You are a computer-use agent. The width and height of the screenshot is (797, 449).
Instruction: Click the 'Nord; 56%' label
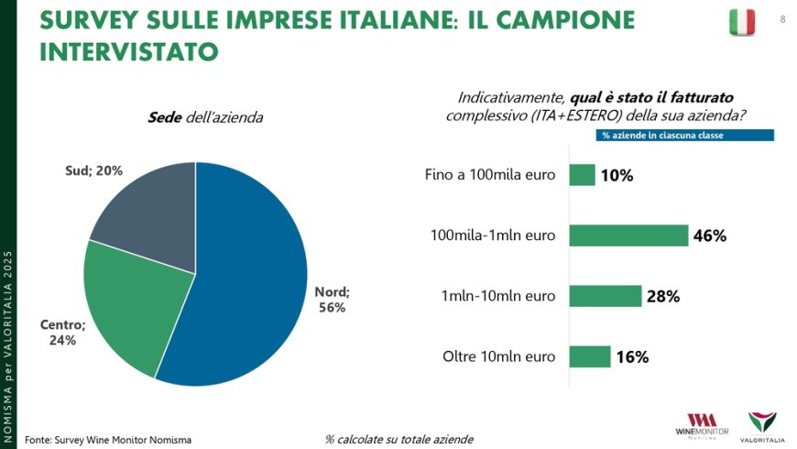pos(332,300)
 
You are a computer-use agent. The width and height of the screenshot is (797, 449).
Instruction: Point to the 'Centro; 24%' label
pos(62,332)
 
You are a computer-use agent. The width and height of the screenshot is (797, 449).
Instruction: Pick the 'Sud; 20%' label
pos(94,170)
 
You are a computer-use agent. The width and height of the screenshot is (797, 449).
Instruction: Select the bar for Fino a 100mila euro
pos(582,174)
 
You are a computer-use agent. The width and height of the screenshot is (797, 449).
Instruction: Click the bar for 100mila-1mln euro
pos(628,235)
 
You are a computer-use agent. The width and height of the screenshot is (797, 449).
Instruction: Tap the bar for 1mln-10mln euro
pos(605,296)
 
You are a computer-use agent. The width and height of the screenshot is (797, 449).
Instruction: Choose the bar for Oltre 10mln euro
pos(590,356)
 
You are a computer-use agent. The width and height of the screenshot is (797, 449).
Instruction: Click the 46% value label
pos(710,235)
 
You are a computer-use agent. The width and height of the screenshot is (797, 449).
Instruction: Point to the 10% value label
pos(617,175)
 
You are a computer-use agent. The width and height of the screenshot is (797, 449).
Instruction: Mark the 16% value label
pos(632,357)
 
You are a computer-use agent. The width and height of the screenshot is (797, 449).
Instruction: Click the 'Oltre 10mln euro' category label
pos(498,356)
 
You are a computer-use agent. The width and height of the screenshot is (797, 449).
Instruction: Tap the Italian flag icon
pos(742,21)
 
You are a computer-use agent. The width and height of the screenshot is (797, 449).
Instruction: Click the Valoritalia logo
pos(761,425)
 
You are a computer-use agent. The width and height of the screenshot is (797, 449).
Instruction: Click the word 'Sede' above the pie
pos(165,117)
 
